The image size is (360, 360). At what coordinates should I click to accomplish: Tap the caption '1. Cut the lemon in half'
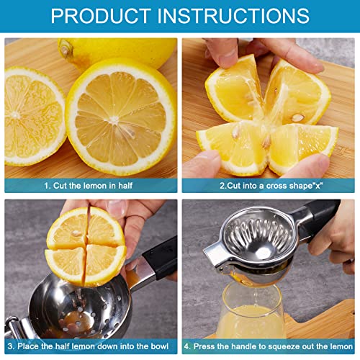click(x=90, y=185)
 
